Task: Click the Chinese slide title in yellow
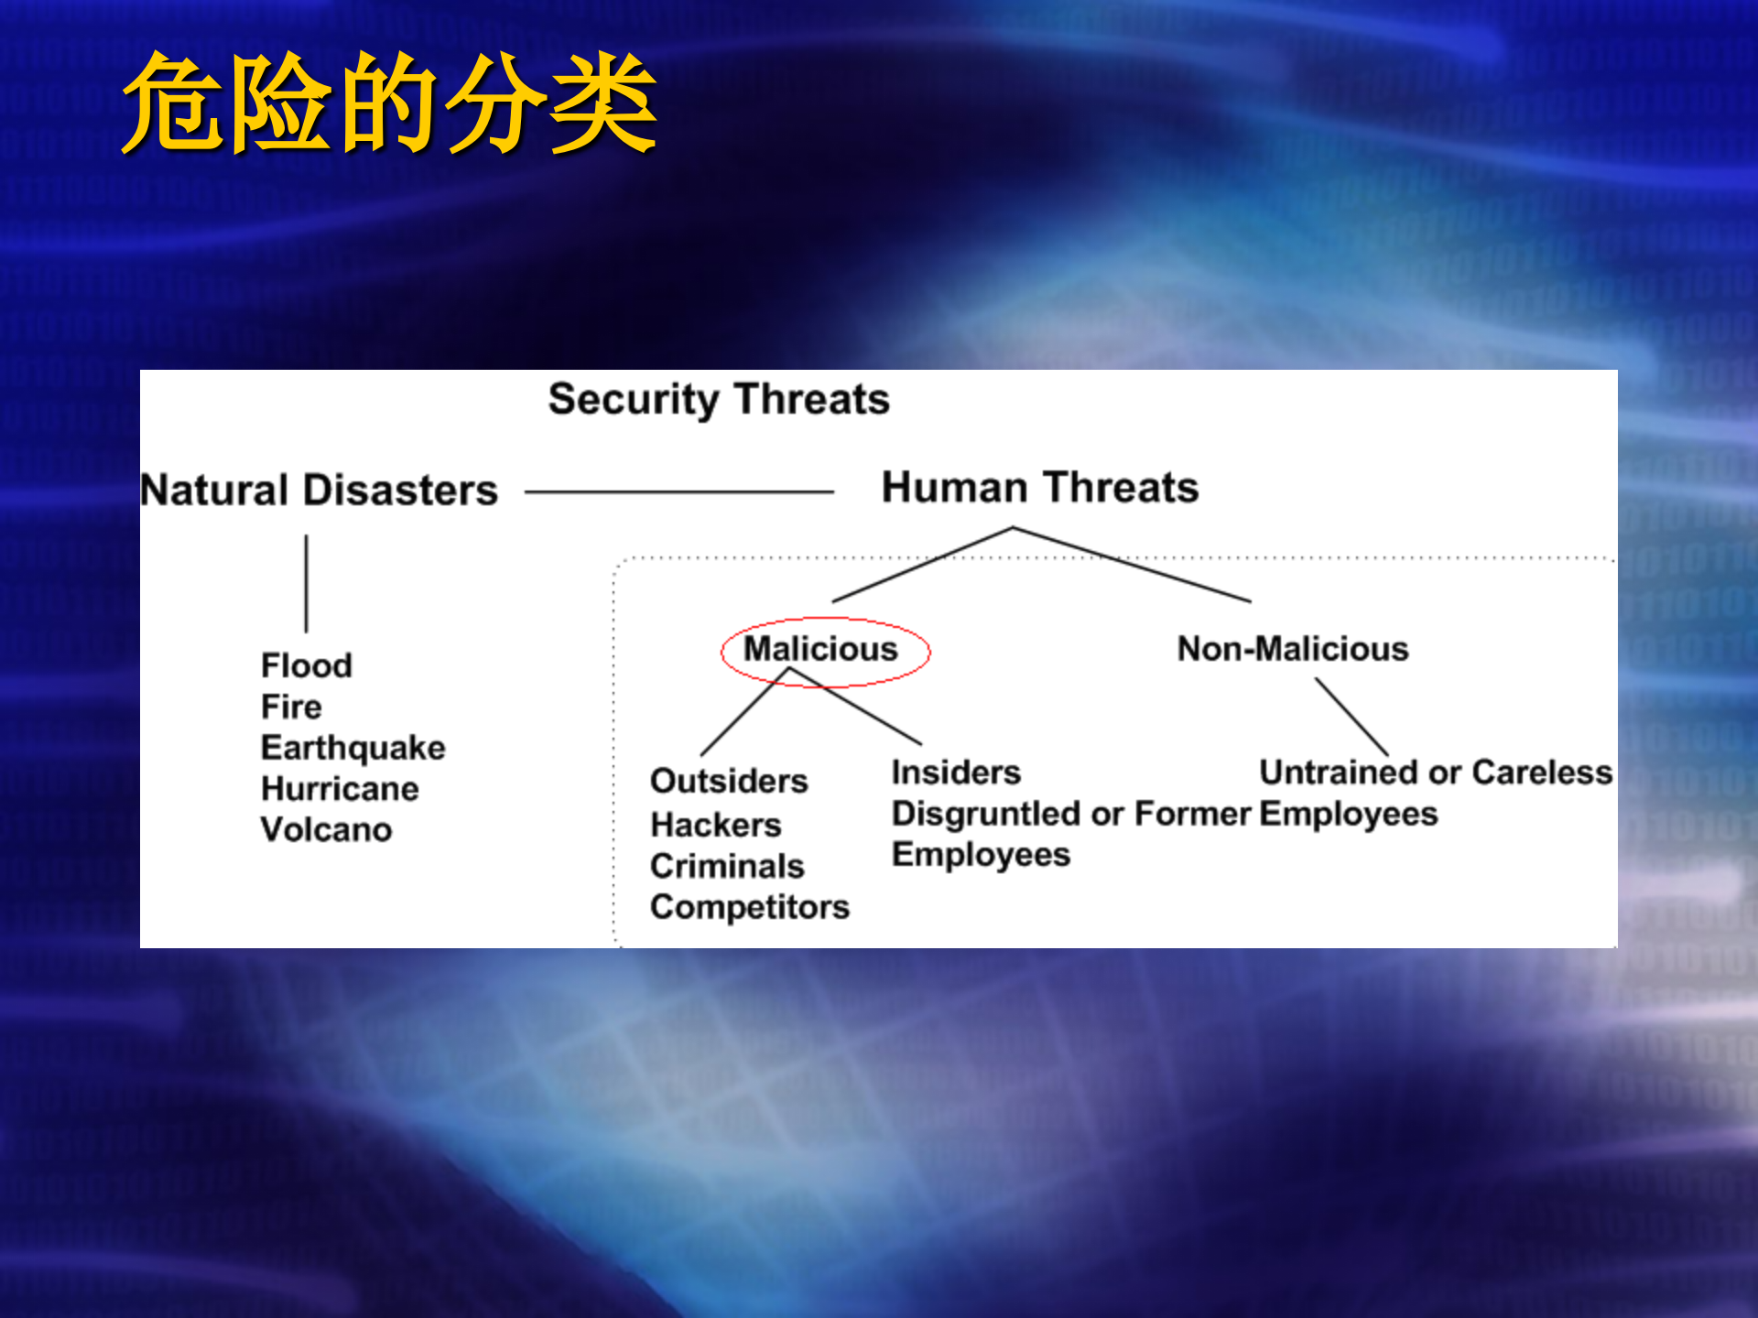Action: coord(390,103)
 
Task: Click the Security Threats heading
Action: coord(719,399)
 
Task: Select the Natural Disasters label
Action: coord(320,490)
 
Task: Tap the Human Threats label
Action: coord(1040,487)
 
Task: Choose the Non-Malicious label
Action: coord(1292,649)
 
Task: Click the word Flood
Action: coord(306,665)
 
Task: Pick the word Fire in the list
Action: coord(291,707)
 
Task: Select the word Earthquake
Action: coord(353,748)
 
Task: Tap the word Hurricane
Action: coord(340,788)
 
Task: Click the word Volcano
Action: coord(326,829)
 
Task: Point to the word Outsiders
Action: coord(729,781)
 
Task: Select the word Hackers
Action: coord(715,825)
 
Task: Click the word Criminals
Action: coord(727,866)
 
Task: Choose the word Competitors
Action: coord(750,907)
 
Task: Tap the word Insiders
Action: coord(956,772)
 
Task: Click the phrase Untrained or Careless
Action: coord(1436,772)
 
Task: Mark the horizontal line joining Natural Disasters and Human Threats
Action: coord(678,492)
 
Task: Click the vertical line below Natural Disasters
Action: coord(306,583)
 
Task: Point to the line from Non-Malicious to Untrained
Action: coord(1351,717)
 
